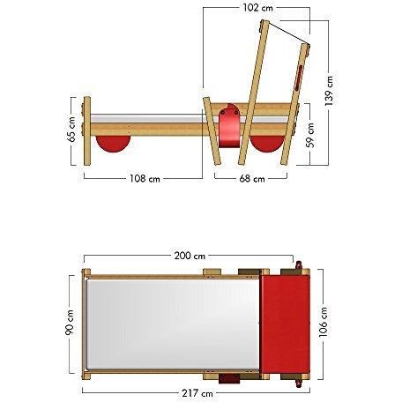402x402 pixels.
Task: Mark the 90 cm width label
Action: coord(70,323)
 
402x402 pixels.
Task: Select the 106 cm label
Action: coord(324,323)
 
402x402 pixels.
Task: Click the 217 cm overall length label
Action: coord(196,392)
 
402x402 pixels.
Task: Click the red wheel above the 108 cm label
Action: coord(113,142)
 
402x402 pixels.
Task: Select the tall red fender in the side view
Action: coord(229,127)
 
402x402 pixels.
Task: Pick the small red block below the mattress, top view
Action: coord(229,380)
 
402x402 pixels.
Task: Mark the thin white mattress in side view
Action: coord(145,117)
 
